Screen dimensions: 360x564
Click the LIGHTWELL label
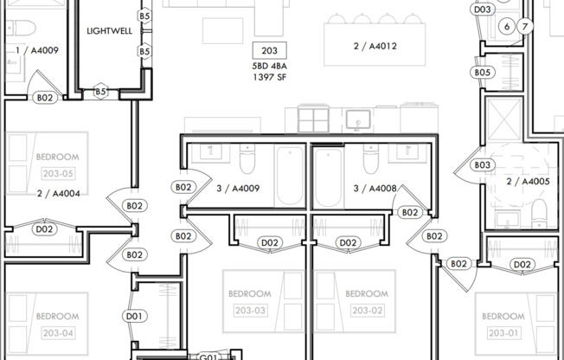(x=108, y=30)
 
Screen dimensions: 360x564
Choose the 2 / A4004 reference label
(x=59, y=194)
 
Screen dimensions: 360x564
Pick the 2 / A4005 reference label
(x=527, y=182)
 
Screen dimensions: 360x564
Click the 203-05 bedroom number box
(x=58, y=173)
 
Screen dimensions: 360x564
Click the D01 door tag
(x=134, y=317)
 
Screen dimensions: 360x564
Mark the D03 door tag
(x=483, y=10)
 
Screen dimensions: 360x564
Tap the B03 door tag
(x=482, y=165)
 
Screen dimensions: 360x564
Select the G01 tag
(x=208, y=356)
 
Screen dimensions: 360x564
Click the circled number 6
(x=507, y=27)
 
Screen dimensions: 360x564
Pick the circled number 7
(x=524, y=27)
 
